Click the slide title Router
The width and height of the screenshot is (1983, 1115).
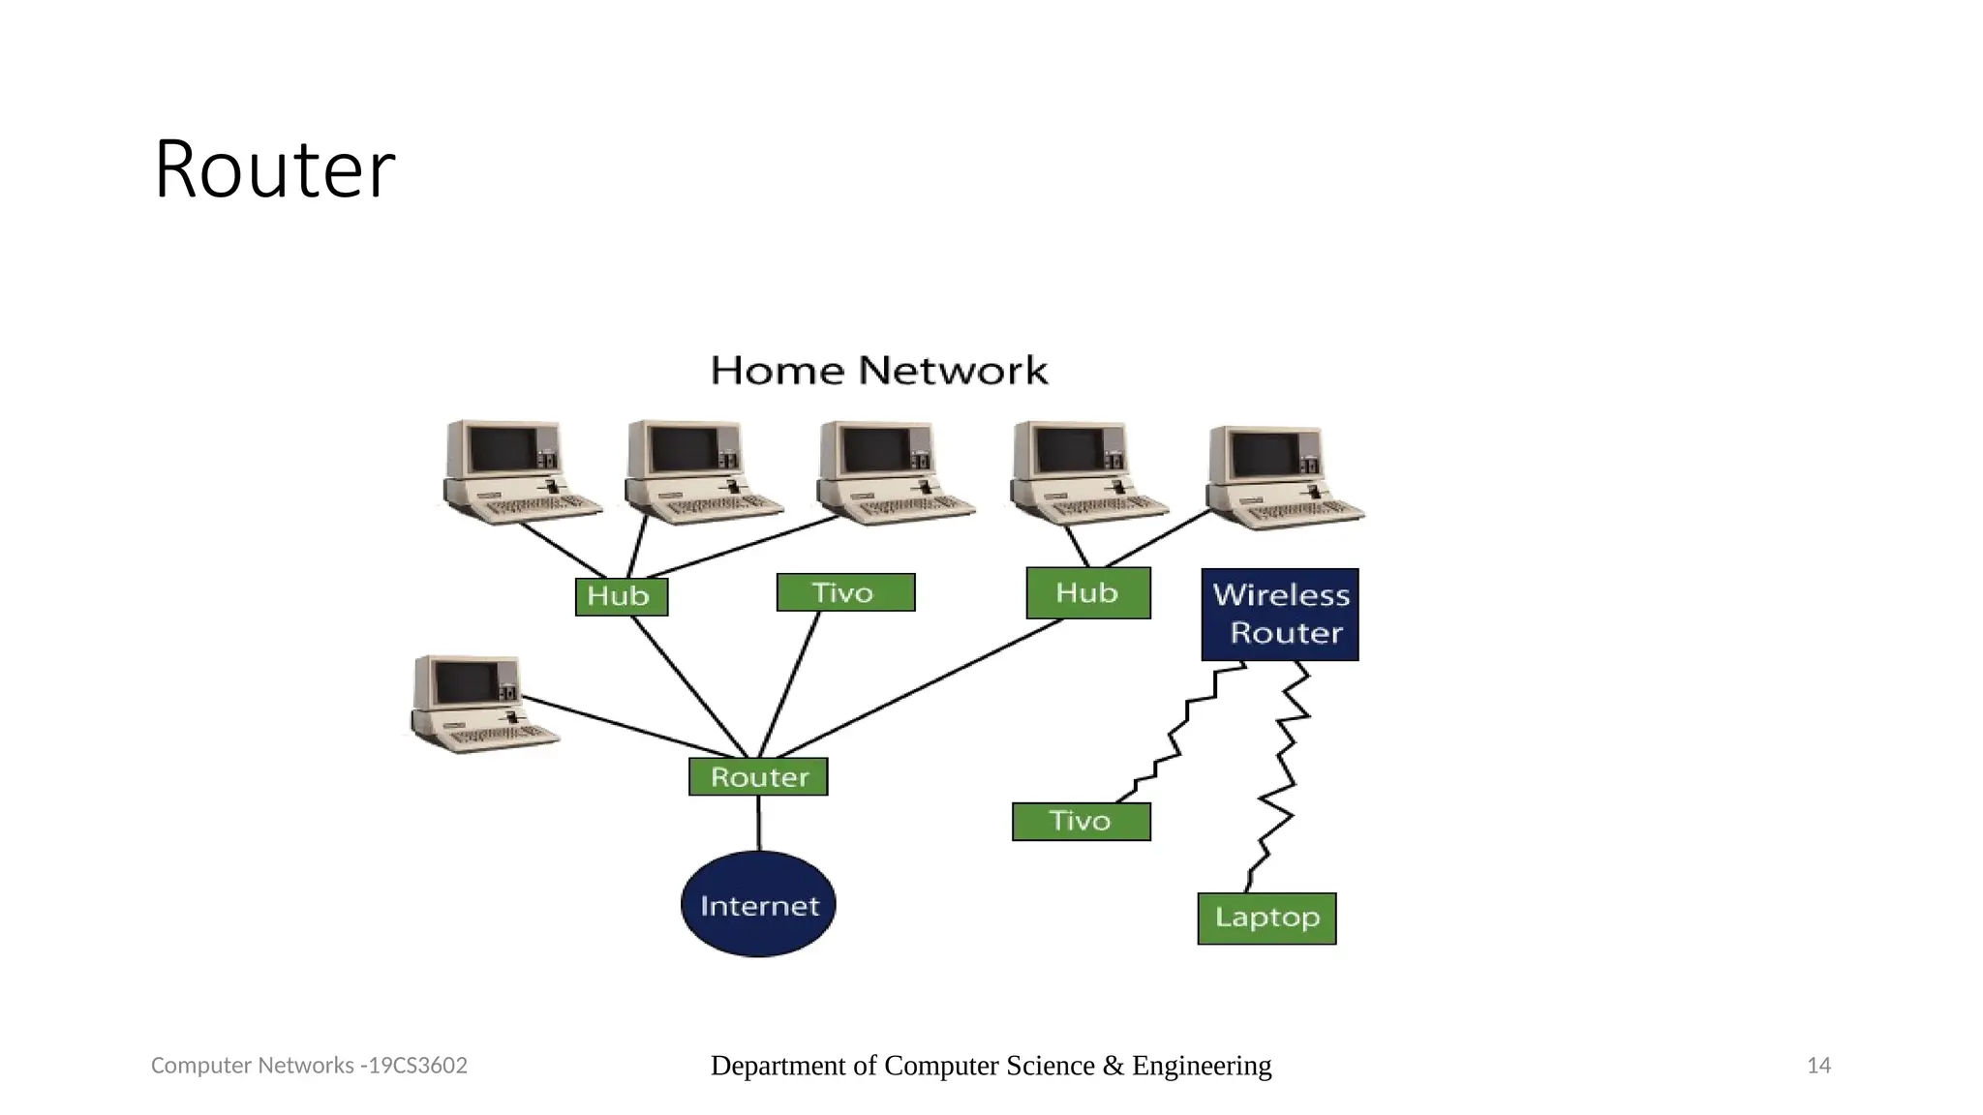274,169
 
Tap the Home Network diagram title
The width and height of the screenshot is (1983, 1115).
878,371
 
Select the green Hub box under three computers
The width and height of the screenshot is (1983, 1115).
621,596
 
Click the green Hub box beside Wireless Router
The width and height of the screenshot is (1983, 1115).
1087,592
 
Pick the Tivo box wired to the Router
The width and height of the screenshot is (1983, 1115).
844,592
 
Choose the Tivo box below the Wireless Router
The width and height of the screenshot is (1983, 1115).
1081,822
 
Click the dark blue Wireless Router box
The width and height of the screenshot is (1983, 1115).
1279,615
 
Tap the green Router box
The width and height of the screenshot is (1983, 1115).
758,777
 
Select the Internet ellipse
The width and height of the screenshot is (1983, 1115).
758,905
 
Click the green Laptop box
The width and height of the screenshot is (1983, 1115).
1266,918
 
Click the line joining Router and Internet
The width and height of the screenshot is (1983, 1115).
758,824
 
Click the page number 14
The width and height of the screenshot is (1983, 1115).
1818,1066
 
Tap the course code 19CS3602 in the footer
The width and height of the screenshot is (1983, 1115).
417,1066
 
